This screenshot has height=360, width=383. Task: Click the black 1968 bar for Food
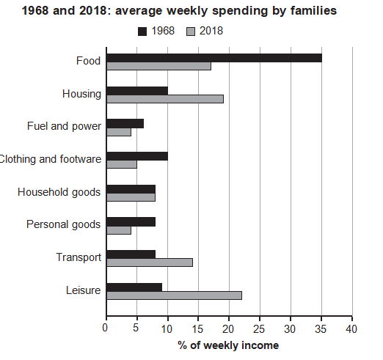tap(214, 58)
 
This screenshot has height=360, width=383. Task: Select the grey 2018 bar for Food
tap(158, 66)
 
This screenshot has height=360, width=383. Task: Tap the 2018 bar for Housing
tap(165, 99)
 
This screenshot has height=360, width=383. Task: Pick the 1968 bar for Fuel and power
tap(125, 124)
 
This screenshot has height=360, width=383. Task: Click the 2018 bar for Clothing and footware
tap(122, 164)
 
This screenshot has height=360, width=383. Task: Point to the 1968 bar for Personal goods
tap(131, 222)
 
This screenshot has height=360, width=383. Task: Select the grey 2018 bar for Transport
tap(150, 262)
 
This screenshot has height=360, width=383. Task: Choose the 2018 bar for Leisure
tap(175, 295)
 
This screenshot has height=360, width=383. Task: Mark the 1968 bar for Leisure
tap(134, 287)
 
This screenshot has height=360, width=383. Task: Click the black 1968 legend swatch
tap(142, 32)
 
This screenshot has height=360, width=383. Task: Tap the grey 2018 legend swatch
tap(191, 32)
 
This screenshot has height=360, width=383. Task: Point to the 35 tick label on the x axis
tap(321, 329)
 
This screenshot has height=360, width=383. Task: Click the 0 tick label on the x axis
tap(105, 328)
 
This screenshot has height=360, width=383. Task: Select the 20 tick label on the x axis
tap(228, 329)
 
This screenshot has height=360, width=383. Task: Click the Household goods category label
tap(59, 193)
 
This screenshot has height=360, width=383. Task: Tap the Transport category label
tap(79, 258)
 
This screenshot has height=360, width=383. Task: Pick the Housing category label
tap(81, 95)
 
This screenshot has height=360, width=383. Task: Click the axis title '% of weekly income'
tap(228, 345)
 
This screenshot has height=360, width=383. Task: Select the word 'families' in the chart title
tap(314, 11)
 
